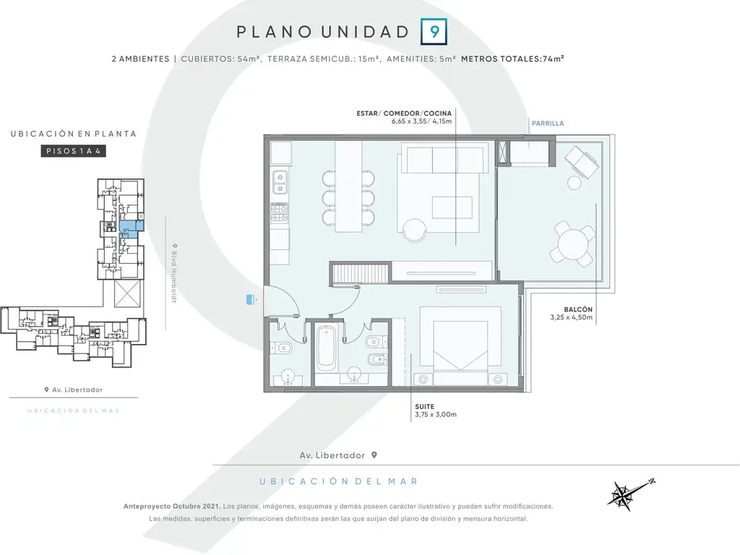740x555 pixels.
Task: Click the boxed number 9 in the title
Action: [434, 32]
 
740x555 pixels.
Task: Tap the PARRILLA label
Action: [548, 123]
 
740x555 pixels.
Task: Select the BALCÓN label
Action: [577, 309]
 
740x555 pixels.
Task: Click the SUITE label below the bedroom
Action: [425, 406]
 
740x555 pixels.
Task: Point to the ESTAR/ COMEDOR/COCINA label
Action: [404, 113]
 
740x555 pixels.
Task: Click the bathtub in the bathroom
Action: [326, 348]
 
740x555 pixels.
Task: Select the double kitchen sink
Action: [280, 183]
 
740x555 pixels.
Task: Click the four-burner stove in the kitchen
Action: [280, 212]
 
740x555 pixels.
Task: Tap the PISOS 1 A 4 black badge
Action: [73, 151]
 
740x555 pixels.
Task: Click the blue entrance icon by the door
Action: [251, 298]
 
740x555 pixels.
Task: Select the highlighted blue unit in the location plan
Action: [131, 229]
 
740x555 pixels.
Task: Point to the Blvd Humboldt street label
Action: [174, 273]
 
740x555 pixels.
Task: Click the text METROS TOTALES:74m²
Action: [512, 59]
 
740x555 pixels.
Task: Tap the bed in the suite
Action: [460, 346]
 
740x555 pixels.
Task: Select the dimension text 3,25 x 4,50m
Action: [571, 318]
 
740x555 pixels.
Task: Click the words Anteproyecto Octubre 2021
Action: [172, 507]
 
